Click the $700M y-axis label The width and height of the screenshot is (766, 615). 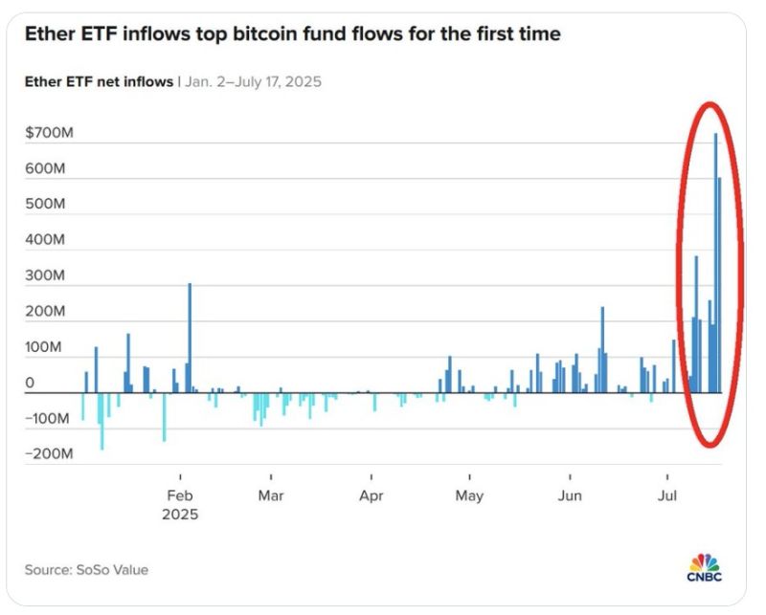coord(49,133)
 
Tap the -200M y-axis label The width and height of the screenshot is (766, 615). coord(49,454)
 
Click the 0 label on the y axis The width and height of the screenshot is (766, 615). coord(31,383)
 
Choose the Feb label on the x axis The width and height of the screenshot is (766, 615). coord(180,495)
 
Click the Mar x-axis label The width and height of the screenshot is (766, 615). coord(271,495)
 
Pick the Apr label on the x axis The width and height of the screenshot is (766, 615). coord(372,495)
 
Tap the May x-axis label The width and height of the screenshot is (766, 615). coord(469,495)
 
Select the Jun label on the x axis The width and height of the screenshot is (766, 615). coord(570,495)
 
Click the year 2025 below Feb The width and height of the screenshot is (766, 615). coord(180,515)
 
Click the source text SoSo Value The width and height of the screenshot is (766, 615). coord(112,570)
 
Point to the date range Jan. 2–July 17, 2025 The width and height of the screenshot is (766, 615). coord(252,81)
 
